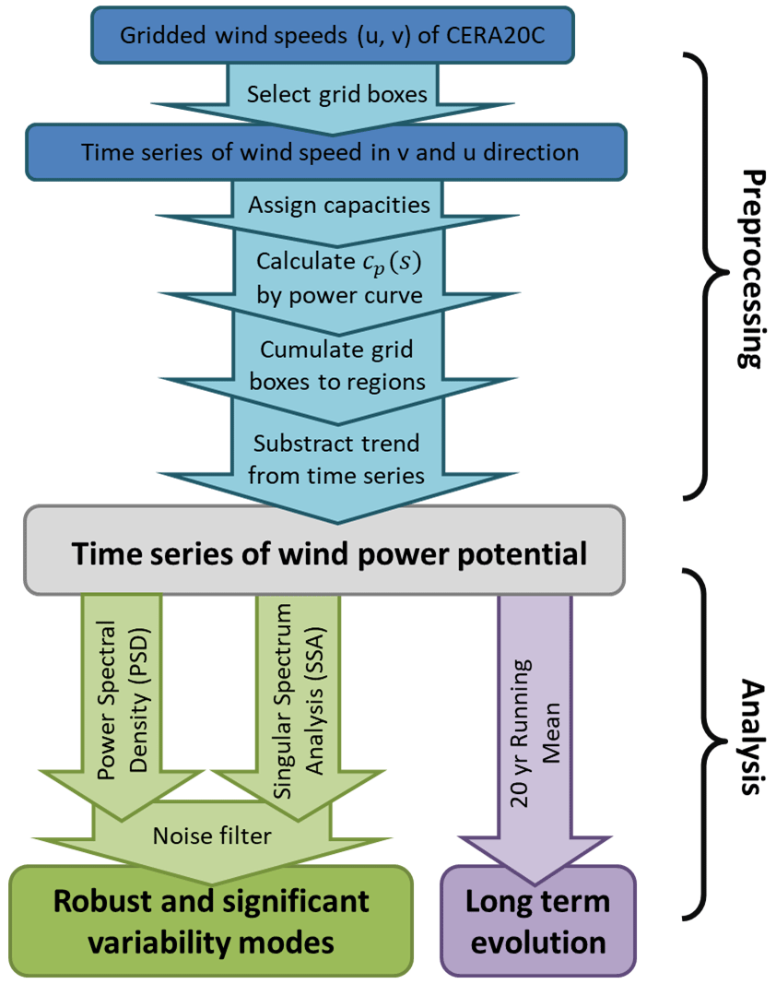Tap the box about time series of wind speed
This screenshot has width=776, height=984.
(x=331, y=151)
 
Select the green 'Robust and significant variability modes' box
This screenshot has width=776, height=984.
(x=211, y=921)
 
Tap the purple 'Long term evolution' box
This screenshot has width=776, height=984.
(x=538, y=921)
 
